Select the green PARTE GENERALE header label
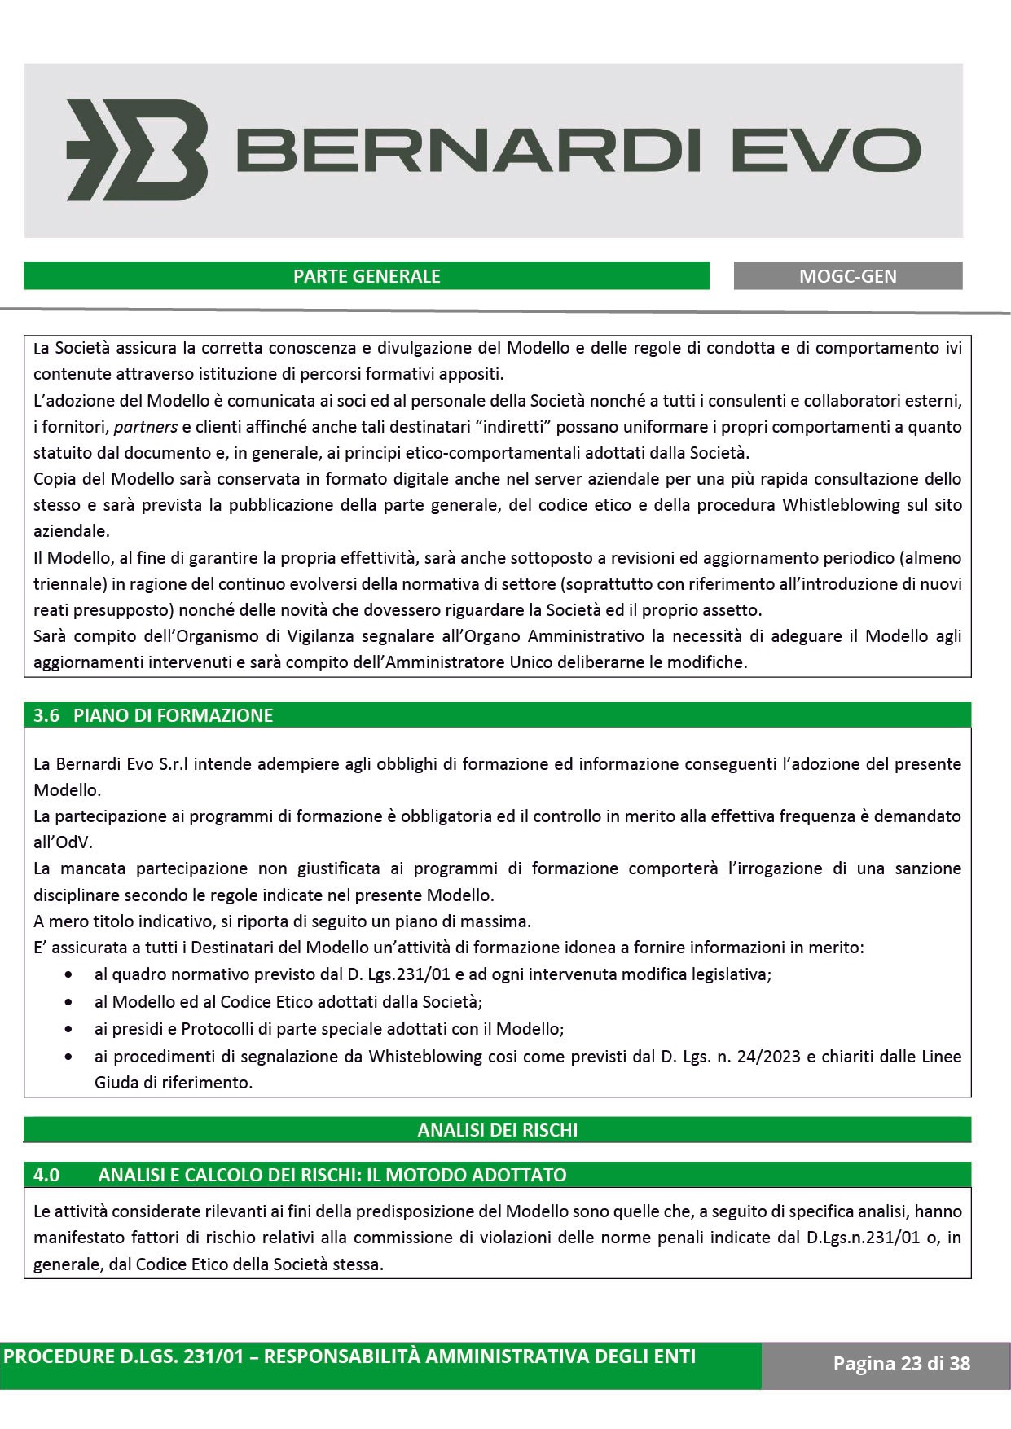point(367,276)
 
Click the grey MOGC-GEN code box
point(847,276)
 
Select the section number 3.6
point(46,715)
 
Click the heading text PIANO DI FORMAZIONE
point(173,715)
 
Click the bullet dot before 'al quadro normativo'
point(75,974)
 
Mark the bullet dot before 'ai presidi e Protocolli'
point(75,1029)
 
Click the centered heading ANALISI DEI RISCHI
point(497,1130)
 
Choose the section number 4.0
point(46,1175)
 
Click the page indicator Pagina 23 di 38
point(901,1364)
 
